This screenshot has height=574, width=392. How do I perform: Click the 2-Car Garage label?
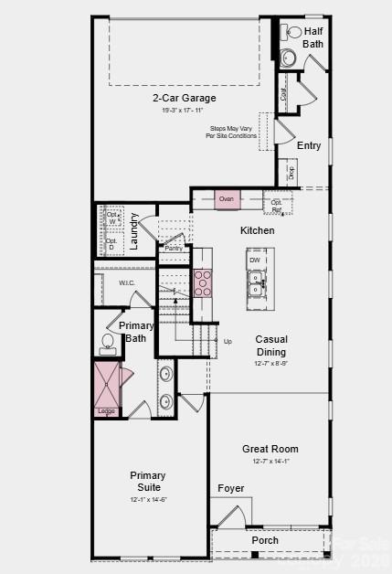[185, 98]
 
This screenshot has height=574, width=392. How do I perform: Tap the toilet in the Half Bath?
[294, 33]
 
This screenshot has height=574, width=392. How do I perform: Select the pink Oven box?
[227, 198]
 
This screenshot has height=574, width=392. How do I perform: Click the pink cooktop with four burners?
[203, 282]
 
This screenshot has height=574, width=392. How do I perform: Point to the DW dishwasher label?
[255, 260]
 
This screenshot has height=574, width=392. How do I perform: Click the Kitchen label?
[257, 230]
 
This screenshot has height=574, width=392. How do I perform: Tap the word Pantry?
[173, 248]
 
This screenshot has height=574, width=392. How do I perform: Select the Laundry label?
[134, 231]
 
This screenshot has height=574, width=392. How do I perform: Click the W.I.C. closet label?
[127, 282]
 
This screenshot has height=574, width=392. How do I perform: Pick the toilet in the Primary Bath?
[108, 344]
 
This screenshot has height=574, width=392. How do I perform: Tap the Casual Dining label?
[270, 345]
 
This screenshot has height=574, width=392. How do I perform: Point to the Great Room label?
[270, 449]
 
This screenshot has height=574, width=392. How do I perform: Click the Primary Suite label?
[147, 481]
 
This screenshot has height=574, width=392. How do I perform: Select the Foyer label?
[231, 488]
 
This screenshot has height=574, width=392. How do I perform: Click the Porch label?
[265, 540]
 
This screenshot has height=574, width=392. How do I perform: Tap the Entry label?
[309, 145]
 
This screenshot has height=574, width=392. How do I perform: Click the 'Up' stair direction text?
[228, 342]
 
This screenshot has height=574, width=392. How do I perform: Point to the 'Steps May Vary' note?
[231, 133]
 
